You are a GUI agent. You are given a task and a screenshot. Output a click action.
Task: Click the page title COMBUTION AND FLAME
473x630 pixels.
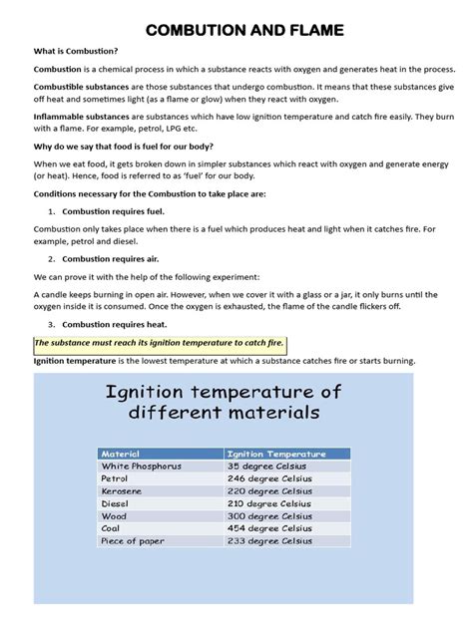[244, 31]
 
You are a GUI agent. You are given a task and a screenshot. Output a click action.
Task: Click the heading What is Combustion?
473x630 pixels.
[76, 51]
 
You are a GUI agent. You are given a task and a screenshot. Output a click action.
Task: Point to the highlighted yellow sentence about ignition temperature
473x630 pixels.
[160, 343]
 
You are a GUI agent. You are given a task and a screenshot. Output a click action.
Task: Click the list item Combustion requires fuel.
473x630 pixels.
[113, 211]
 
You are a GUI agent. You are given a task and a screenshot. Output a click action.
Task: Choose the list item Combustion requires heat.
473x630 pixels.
[114, 324]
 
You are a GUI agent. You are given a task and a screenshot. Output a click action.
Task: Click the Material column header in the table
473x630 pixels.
[121, 454]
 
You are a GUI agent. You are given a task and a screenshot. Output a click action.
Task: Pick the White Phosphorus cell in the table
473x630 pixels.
[141, 466]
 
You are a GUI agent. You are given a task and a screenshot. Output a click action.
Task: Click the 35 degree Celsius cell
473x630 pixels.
[266, 466]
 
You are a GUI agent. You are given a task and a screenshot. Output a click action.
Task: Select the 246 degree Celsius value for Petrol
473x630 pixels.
[269, 478]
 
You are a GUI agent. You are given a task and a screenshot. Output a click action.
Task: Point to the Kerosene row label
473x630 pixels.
[122, 490]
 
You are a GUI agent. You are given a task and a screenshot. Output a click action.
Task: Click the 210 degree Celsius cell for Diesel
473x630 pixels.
[269, 503]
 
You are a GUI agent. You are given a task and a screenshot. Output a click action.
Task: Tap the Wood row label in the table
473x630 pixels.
[114, 516]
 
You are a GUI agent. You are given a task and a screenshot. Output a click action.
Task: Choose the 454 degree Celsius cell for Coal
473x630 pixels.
[269, 528]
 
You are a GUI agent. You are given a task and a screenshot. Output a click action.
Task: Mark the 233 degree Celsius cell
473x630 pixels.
[269, 541]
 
